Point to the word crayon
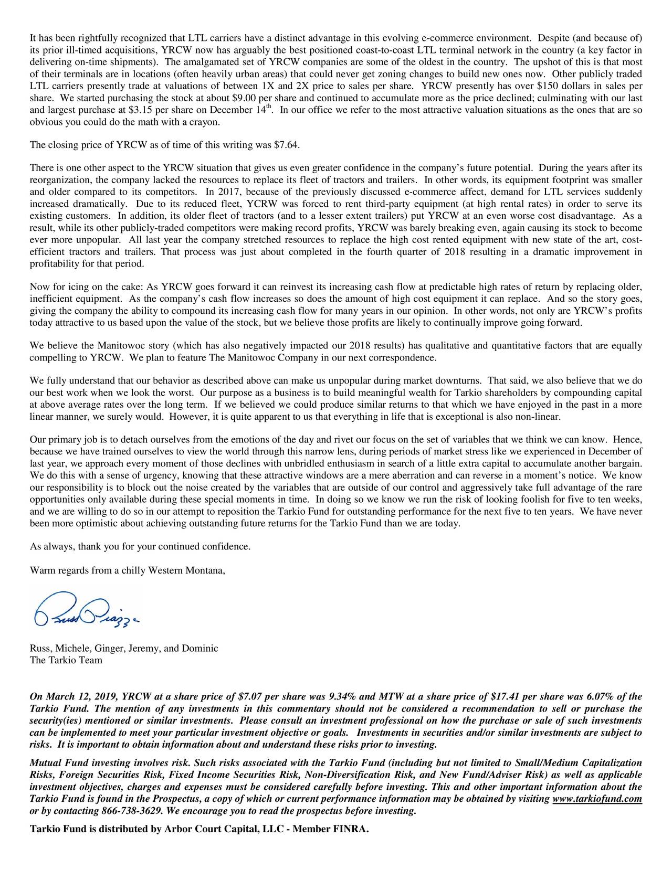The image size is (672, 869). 205,123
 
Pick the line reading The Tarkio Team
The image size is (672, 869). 66,660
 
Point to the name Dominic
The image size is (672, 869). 199,648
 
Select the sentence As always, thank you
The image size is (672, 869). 140,546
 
